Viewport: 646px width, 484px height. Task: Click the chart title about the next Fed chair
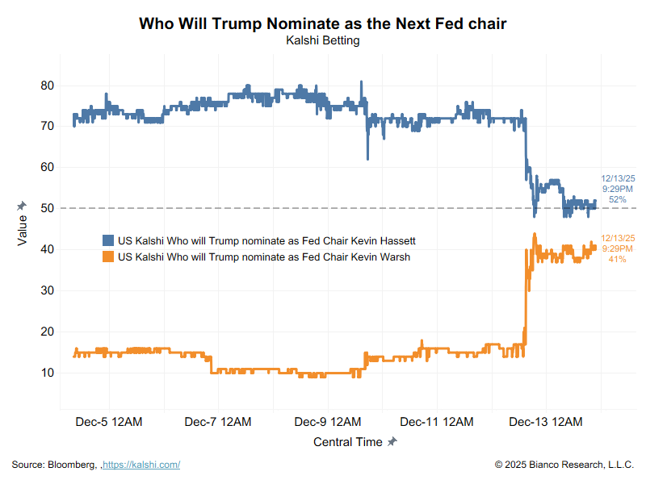(x=322, y=23)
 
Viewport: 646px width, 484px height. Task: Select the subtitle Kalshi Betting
(x=322, y=40)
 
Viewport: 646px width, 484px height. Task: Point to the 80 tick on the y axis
(x=47, y=86)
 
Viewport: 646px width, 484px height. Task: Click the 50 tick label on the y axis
(x=47, y=208)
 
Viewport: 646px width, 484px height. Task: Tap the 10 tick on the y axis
(x=47, y=373)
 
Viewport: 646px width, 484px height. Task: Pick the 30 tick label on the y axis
(x=47, y=290)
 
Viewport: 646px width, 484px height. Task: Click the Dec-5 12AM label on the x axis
(x=109, y=422)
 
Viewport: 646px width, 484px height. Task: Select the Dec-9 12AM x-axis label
(x=327, y=422)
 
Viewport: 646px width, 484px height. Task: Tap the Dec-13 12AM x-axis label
(x=547, y=422)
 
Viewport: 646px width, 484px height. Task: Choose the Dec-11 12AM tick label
(x=437, y=422)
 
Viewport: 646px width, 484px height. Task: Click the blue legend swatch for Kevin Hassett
(x=108, y=240)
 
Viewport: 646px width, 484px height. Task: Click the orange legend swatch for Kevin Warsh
(x=108, y=257)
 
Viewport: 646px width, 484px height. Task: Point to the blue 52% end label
(x=617, y=199)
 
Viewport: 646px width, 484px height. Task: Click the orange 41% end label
(x=617, y=259)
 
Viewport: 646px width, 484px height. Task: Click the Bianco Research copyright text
(x=564, y=465)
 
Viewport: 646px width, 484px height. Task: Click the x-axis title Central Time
(x=348, y=442)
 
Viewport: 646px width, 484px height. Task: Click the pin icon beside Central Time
(x=392, y=442)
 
